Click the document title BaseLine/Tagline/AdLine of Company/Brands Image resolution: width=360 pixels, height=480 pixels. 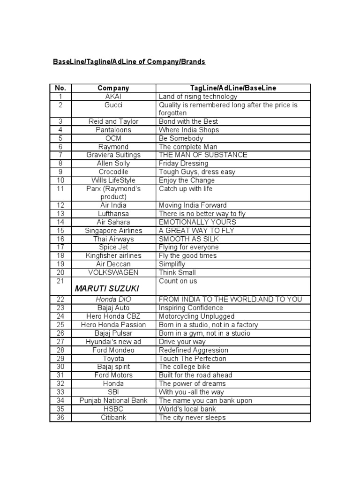click(x=128, y=62)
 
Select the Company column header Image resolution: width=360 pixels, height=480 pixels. click(x=113, y=88)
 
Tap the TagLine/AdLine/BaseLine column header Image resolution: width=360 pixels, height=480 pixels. click(x=233, y=88)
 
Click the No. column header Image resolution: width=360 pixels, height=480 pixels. click(x=60, y=88)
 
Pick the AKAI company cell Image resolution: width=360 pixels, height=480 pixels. click(x=113, y=97)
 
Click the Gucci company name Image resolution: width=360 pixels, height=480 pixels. click(x=113, y=105)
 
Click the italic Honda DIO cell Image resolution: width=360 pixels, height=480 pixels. click(x=113, y=300)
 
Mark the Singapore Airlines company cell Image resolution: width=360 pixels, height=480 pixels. click(x=113, y=231)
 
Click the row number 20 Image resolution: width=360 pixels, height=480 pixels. click(x=60, y=272)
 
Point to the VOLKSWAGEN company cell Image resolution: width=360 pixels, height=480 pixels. click(x=113, y=272)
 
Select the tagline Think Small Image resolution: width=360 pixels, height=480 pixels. click(x=178, y=272)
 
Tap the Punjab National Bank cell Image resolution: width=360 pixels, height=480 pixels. click(x=113, y=401)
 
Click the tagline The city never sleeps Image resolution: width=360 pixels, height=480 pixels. click(x=192, y=418)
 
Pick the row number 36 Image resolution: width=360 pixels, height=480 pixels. click(x=60, y=418)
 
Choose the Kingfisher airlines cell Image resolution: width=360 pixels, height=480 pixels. click(x=113, y=256)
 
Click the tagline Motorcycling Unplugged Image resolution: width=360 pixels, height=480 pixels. click(x=197, y=316)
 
